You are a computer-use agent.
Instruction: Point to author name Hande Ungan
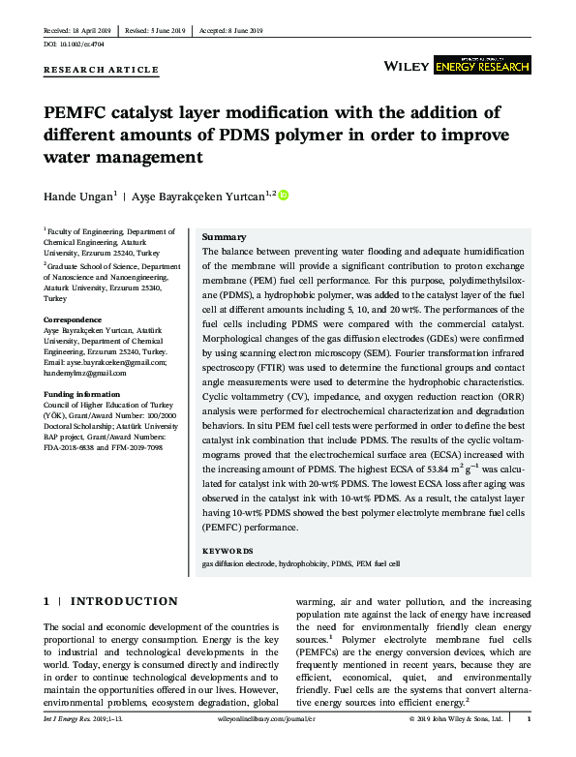pyautogui.click(x=78, y=197)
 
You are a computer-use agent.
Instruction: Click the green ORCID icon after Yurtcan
pyautogui.click(x=284, y=196)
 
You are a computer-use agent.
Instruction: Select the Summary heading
pyautogui.click(x=224, y=237)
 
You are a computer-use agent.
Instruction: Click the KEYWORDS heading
pyautogui.click(x=228, y=551)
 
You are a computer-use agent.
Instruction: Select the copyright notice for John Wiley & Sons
pyautogui.click(x=456, y=720)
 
